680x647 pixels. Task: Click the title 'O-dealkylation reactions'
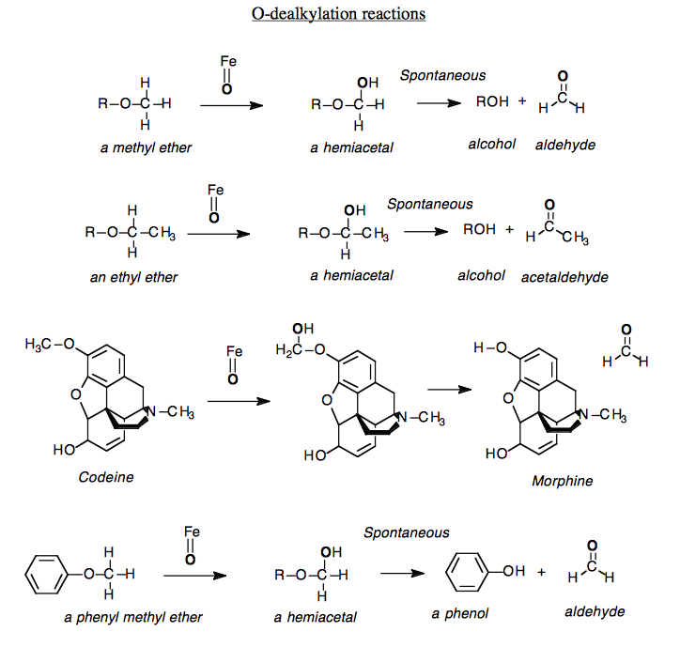point(339,14)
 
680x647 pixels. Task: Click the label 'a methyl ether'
point(147,147)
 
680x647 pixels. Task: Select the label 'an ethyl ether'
point(133,277)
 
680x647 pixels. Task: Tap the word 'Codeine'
point(106,477)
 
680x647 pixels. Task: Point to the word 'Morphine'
point(563,481)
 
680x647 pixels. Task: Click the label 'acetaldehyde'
point(564,277)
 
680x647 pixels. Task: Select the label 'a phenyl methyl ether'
point(133,617)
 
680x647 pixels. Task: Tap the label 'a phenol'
point(461,614)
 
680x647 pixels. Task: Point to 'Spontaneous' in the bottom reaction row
point(407,532)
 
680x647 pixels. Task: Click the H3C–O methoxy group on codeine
point(50,345)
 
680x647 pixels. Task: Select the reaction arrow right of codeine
point(238,401)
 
